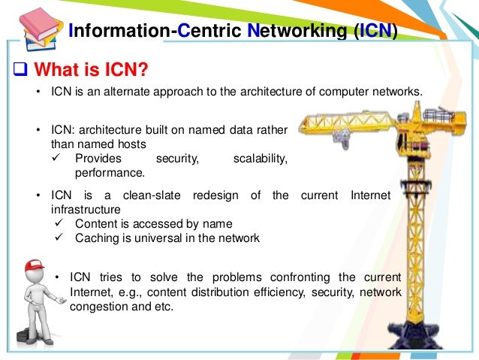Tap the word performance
coord(104,172)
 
